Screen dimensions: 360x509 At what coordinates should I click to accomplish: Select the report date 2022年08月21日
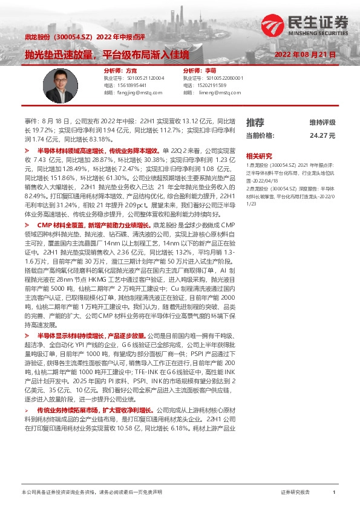pos(305,55)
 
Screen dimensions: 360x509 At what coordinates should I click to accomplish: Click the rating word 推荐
pos(255,122)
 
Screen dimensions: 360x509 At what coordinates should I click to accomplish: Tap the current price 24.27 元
pos(322,135)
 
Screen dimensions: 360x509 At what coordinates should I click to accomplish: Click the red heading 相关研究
pos(258,155)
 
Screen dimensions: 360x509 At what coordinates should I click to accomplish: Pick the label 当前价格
pos(260,135)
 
